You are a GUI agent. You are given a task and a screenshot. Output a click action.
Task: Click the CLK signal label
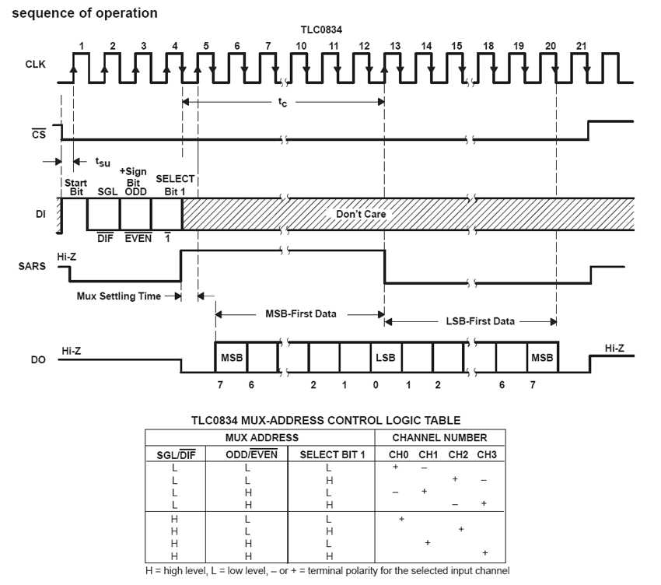point(36,64)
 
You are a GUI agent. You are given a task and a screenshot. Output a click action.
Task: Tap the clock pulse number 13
point(395,46)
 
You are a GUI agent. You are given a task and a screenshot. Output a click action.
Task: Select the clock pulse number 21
point(582,46)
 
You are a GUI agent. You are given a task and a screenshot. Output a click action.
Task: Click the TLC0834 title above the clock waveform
point(321,30)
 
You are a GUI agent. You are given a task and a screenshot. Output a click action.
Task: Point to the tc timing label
point(282,102)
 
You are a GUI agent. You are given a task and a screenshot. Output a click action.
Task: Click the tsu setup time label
point(103,162)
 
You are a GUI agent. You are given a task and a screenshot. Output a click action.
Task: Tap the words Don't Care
point(361,214)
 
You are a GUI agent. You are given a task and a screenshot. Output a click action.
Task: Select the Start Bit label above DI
point(76,187)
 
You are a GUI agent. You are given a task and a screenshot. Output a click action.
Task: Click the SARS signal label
point(32,266)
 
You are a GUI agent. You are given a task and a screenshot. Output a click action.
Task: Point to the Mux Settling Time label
point(119,296)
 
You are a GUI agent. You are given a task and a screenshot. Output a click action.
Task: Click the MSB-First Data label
point(301,314)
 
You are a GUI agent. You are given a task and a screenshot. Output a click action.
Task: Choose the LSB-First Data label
point(480,321)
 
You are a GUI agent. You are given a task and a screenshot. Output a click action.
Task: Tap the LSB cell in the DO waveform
point(386,358)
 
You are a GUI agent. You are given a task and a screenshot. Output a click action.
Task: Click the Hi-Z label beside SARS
point(67,257)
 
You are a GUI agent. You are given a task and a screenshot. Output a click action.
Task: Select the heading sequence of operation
point(85,13)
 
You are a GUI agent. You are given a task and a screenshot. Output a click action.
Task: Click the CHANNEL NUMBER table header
point(439,438)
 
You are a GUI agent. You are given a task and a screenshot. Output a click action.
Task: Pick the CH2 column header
point(458,454)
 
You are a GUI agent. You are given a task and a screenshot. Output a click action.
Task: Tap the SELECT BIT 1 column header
point(332,454)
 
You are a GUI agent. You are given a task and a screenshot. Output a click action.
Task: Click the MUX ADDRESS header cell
point(262,438)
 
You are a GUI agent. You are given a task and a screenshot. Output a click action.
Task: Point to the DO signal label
point(38,359)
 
